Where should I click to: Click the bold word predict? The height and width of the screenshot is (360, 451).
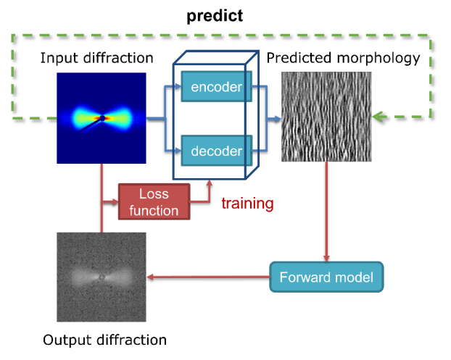pyautogui.click(x=215, y=16)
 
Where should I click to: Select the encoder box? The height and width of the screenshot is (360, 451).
pyautogui.click(x=217, y=86)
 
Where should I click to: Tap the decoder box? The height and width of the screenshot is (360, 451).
pyautogui.click(x=217, y=151)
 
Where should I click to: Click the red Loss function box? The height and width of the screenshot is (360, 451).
pyautogui.click(x=154, y=202)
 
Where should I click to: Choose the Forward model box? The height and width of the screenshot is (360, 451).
pyautogui.click(x=326, y=277)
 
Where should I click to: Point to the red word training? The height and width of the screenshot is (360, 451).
pyautogui.click(x=247, y=203)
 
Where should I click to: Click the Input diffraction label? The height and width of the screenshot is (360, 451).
pyautogui.click(x=96, y=58)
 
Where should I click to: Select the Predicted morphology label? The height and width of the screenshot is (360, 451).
pyautogui.click(x=343, y=59)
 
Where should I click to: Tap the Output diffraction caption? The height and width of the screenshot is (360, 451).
pyautogui.click(x=104, y=340)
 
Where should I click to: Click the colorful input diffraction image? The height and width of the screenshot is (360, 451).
pyautogui.click(x=102, y=118)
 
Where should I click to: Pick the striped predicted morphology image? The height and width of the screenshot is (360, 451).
pyautogui.click(x=326, y=117)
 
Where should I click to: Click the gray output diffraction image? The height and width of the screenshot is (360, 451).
pyautogui.click(x=102, y=277)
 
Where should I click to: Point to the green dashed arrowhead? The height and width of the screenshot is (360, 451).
pyautogui.click(x=378, y=117)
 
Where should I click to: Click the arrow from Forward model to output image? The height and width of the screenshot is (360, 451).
pyautogui.click(x=208, y=277)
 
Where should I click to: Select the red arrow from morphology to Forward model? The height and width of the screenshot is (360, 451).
pyautogui.click(x=326, y=212)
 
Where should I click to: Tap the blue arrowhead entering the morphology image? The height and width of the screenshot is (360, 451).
pyautogui.click(x=277, y=119)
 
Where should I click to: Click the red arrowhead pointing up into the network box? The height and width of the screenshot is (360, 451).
pyautogui.click(x=210, y=183)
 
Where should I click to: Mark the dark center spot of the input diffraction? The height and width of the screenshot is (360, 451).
pyautogui.click(x=102, y=118)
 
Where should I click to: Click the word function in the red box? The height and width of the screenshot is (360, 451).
pyautogui.click(x=154, y=211)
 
